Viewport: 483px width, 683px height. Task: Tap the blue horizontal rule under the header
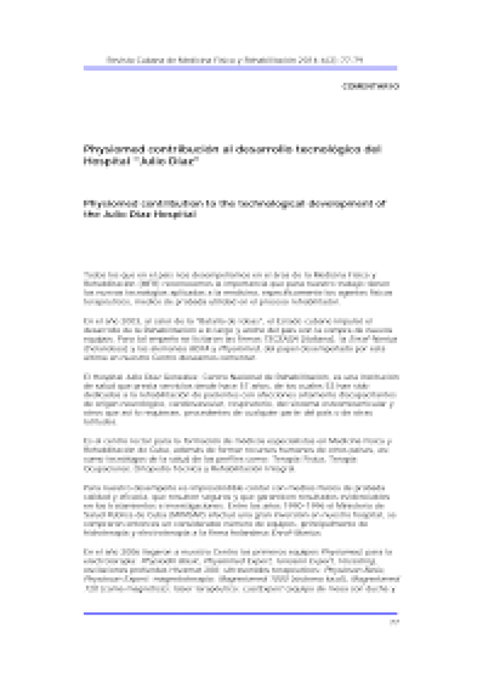[x=241, y=71]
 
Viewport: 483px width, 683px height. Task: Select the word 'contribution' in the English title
[x=170, y=205]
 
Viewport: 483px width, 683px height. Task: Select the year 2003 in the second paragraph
[x=120, y=321]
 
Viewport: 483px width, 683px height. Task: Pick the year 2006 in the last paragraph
[x=121, y=548]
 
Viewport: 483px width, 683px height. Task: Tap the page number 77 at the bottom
[x=393, y=622]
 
